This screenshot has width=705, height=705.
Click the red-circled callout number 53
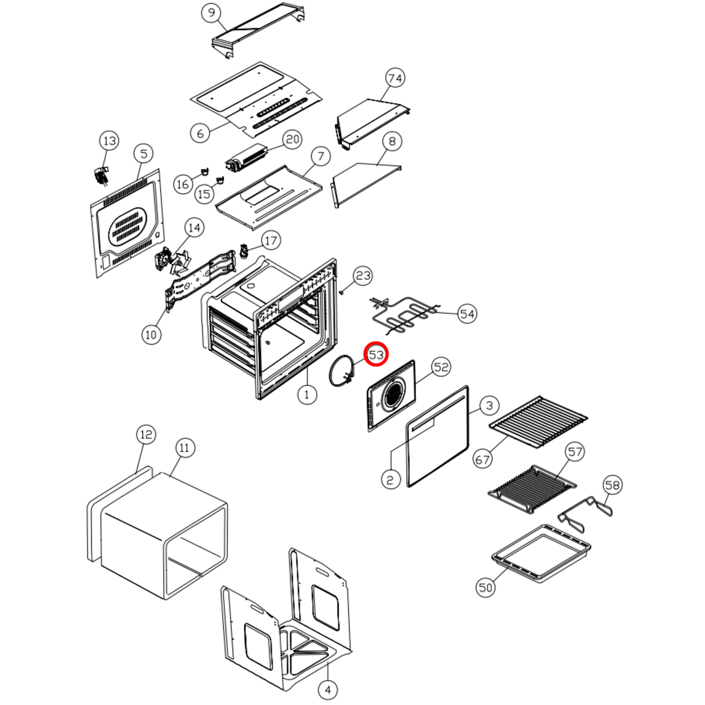pos(376,354)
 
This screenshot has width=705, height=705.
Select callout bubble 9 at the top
pos(211,13)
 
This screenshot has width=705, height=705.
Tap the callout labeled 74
pos(395,78)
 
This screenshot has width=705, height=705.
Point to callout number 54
pos(467,314)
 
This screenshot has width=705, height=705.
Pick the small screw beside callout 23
pos(342,292)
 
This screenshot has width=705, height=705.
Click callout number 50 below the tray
pos(485,587)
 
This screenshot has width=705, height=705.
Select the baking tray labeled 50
pos(541,554)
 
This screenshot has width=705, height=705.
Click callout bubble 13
pos(109,141)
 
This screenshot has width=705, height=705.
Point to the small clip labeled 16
pos(204,171)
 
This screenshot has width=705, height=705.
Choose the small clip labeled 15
pos(220,180)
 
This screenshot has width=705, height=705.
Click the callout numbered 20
pos(292,140)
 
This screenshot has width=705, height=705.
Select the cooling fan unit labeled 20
pos(246,158)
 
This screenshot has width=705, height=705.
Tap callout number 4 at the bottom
pos(327,690)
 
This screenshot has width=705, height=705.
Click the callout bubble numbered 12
pos(146,434)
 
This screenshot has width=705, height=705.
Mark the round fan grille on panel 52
pos(393,395)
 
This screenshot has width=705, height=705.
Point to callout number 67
pos(482,459)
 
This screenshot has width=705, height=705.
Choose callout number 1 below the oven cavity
pos(307,394)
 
